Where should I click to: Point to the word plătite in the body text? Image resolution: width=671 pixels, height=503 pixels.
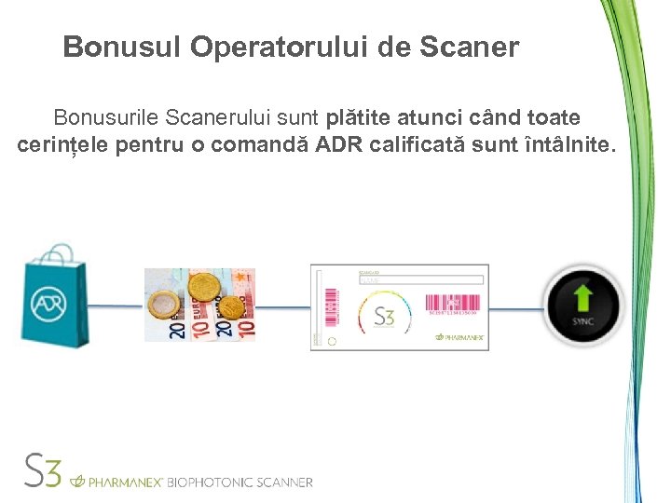[359, 118]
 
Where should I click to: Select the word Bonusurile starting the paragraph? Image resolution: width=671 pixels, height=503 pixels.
[105, 118]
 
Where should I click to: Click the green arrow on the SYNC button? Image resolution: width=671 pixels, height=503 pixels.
[582, 298]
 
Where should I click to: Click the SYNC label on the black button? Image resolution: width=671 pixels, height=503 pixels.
[582, 322]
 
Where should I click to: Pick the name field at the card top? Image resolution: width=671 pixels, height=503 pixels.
[421, 279]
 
